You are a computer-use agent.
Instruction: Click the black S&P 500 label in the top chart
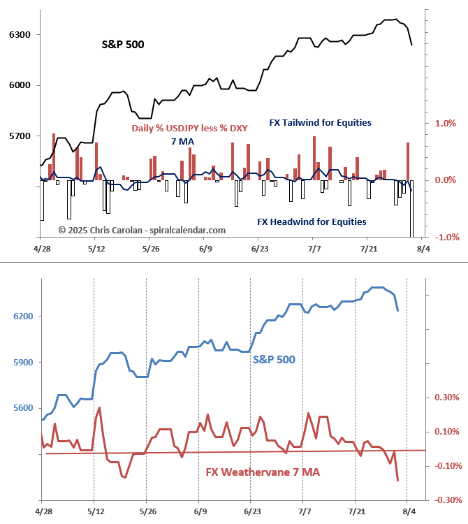[x=124, y=44]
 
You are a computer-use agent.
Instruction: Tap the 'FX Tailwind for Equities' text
[x=320, y=122]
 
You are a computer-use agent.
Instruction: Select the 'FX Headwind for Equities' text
[x=312, y=222]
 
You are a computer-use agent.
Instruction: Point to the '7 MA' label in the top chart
[x=182, y=142]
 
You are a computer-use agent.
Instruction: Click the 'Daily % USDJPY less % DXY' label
[x=184, y=129]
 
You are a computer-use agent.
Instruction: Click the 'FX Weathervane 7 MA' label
[x=263, y=472]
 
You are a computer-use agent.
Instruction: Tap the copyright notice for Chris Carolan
[x=142, y=230]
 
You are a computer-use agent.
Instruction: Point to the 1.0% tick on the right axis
[x=445, y=123]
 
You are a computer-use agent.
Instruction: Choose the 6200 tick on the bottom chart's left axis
[x=22, y=316]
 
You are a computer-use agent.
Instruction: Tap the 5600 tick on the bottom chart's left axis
[x=22, y=408]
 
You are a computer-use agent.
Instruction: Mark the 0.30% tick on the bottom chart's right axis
[x=448, y=398]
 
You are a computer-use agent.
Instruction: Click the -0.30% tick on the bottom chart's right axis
[x=446, y=500]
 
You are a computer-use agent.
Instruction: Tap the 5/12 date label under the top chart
[x=96, y=249]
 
